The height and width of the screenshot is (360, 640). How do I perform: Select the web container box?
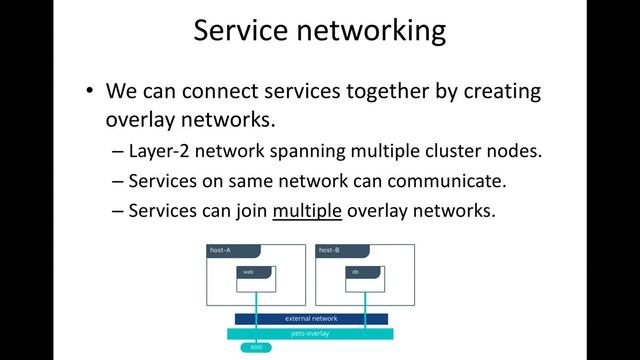256,278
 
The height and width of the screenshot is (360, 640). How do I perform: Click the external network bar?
311,319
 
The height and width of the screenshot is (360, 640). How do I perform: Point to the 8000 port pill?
256,347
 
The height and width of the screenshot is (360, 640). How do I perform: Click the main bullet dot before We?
90,91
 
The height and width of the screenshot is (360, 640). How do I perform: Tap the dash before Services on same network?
119,182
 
